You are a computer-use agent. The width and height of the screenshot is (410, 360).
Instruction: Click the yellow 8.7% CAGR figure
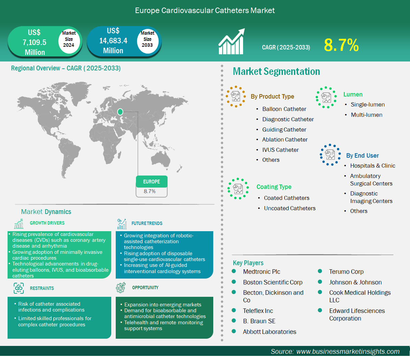pos(341,45)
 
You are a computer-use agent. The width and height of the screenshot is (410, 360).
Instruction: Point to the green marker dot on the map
pos(120,112)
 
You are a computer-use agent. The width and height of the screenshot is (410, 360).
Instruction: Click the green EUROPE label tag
pos(152,182)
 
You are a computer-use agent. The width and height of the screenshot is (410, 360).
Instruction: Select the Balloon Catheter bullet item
pos(284,109)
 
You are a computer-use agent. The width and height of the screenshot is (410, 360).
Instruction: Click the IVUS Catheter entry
pos(280,150)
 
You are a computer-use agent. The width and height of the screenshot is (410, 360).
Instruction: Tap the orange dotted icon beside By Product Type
pos(236,97)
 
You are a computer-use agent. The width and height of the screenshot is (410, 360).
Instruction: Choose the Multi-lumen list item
pos(367,115)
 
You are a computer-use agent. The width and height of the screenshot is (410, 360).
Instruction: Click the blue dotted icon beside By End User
pos(330,155)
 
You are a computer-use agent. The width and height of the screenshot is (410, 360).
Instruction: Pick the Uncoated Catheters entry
pos(290,208)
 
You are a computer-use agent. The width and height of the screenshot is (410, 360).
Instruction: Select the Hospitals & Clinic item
pos(373,166)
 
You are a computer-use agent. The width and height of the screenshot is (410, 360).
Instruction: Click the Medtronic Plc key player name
pos(261,272)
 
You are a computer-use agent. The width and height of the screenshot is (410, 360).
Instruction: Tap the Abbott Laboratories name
pos(270,332)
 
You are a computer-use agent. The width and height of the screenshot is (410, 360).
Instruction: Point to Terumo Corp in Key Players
pos(346,272)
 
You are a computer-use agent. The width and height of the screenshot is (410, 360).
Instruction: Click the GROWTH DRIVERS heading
pos(47,223)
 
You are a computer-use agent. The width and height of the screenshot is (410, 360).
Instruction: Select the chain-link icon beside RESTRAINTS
pos(19,288)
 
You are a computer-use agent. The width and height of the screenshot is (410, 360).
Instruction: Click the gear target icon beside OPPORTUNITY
pos(121,288)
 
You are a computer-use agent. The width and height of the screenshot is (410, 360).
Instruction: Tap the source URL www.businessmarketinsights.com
pos(348,351)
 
